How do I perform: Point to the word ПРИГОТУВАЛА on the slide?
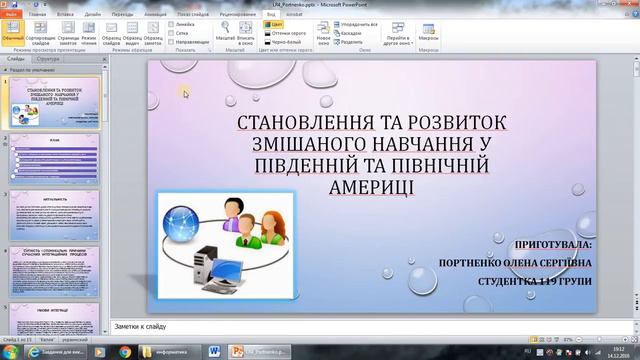(x=551, y=244)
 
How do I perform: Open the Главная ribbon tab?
(x=38, y=16)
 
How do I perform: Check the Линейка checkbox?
(x=171, y=23)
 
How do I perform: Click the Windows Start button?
(x=11, y=350)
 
